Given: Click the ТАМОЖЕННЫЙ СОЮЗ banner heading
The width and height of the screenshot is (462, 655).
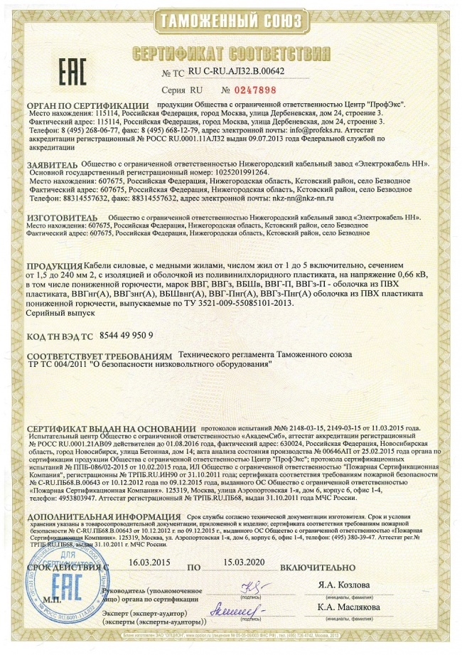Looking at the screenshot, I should pyautogui.click(x=230, y=22).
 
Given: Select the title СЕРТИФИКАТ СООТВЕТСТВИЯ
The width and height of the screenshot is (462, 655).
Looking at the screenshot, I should pyautogui.click(x=230, y=55).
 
